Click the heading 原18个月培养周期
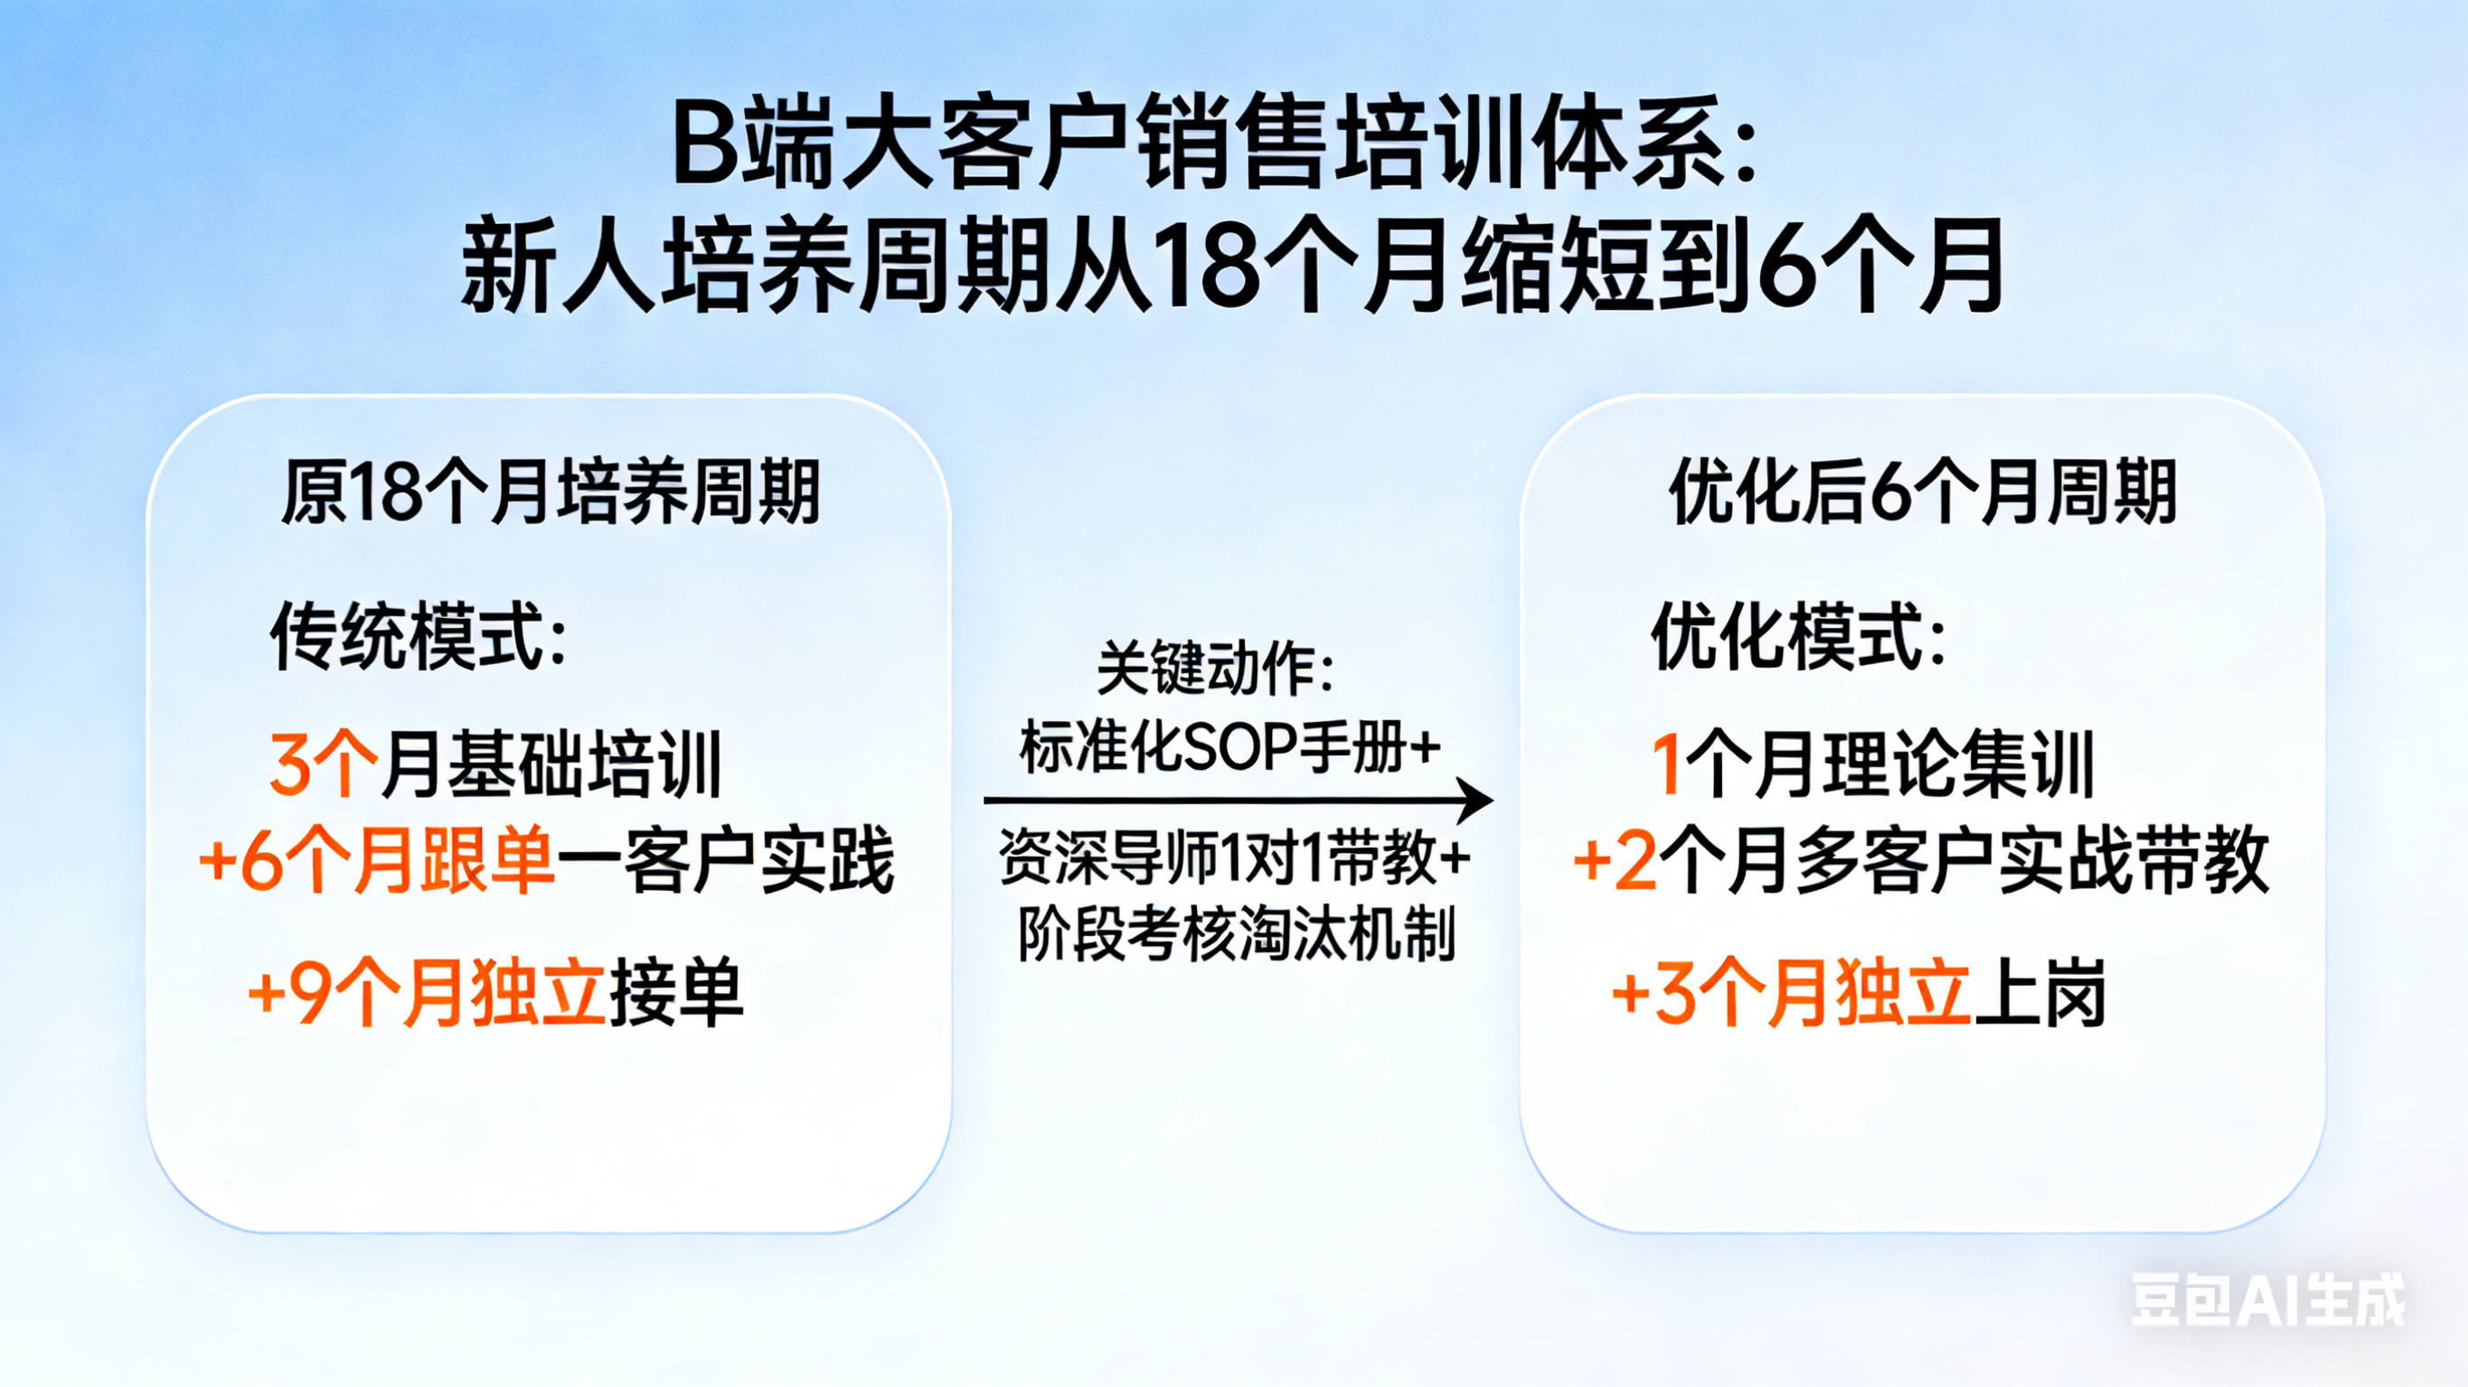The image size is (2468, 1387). (550, 492)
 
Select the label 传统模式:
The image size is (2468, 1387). (419, 637)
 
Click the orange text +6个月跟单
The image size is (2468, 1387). (376, 859)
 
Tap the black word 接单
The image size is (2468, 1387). (676, 991)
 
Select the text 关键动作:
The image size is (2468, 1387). (1215, 667)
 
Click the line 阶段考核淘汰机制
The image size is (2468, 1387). (1237, 933)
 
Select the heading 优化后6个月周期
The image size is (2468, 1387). (1923, 492)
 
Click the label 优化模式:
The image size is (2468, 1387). (1798, 637)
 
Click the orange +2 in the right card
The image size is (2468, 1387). (1616, 860)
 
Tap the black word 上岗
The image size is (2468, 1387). (2039, 992)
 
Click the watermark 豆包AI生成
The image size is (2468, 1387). (2269, 1300)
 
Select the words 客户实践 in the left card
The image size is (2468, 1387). (758, 859)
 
